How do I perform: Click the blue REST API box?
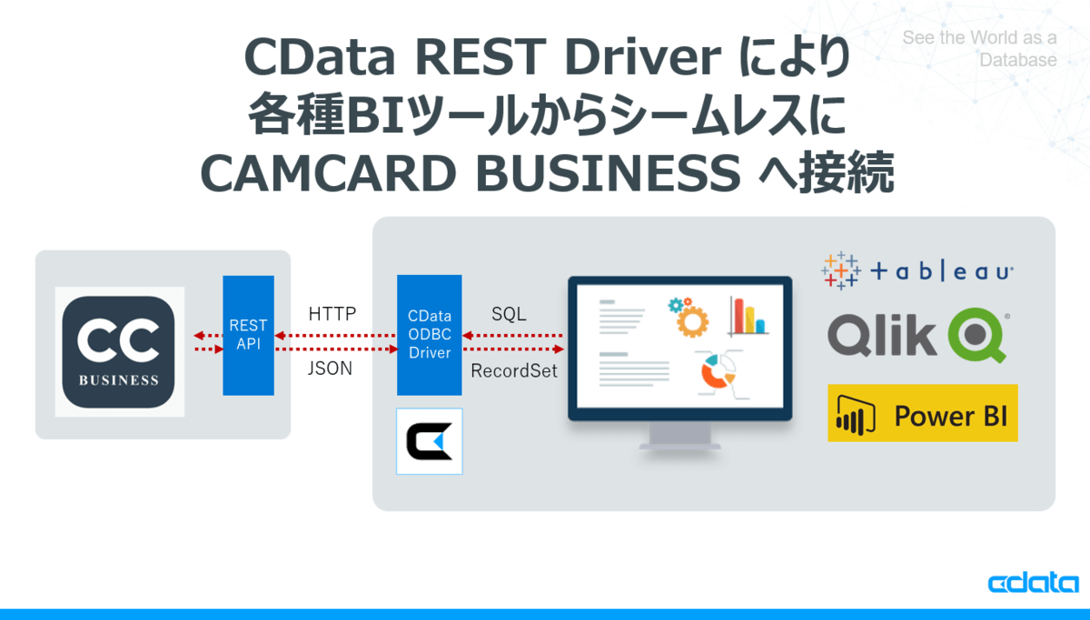(248, 336)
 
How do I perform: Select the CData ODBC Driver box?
(429, 335)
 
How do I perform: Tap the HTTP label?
(332, 314)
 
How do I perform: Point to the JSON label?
(330, 369)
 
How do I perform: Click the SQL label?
(509, 314)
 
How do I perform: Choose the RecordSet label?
(514, 370)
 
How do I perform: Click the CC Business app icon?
(119, 351)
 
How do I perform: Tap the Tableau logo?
(917, 271)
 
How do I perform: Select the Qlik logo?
(918, 335)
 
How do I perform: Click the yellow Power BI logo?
(923, 413)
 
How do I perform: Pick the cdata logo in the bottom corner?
(1033, 582)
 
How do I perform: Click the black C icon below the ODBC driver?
(429, 441)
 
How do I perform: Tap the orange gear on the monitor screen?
(692, 321)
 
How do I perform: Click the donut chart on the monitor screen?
(718, 371)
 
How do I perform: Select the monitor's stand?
(679, 436)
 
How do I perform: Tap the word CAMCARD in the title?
(329, 173)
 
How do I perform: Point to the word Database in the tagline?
(1018, 60)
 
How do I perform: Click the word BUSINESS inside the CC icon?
(119, 379)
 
